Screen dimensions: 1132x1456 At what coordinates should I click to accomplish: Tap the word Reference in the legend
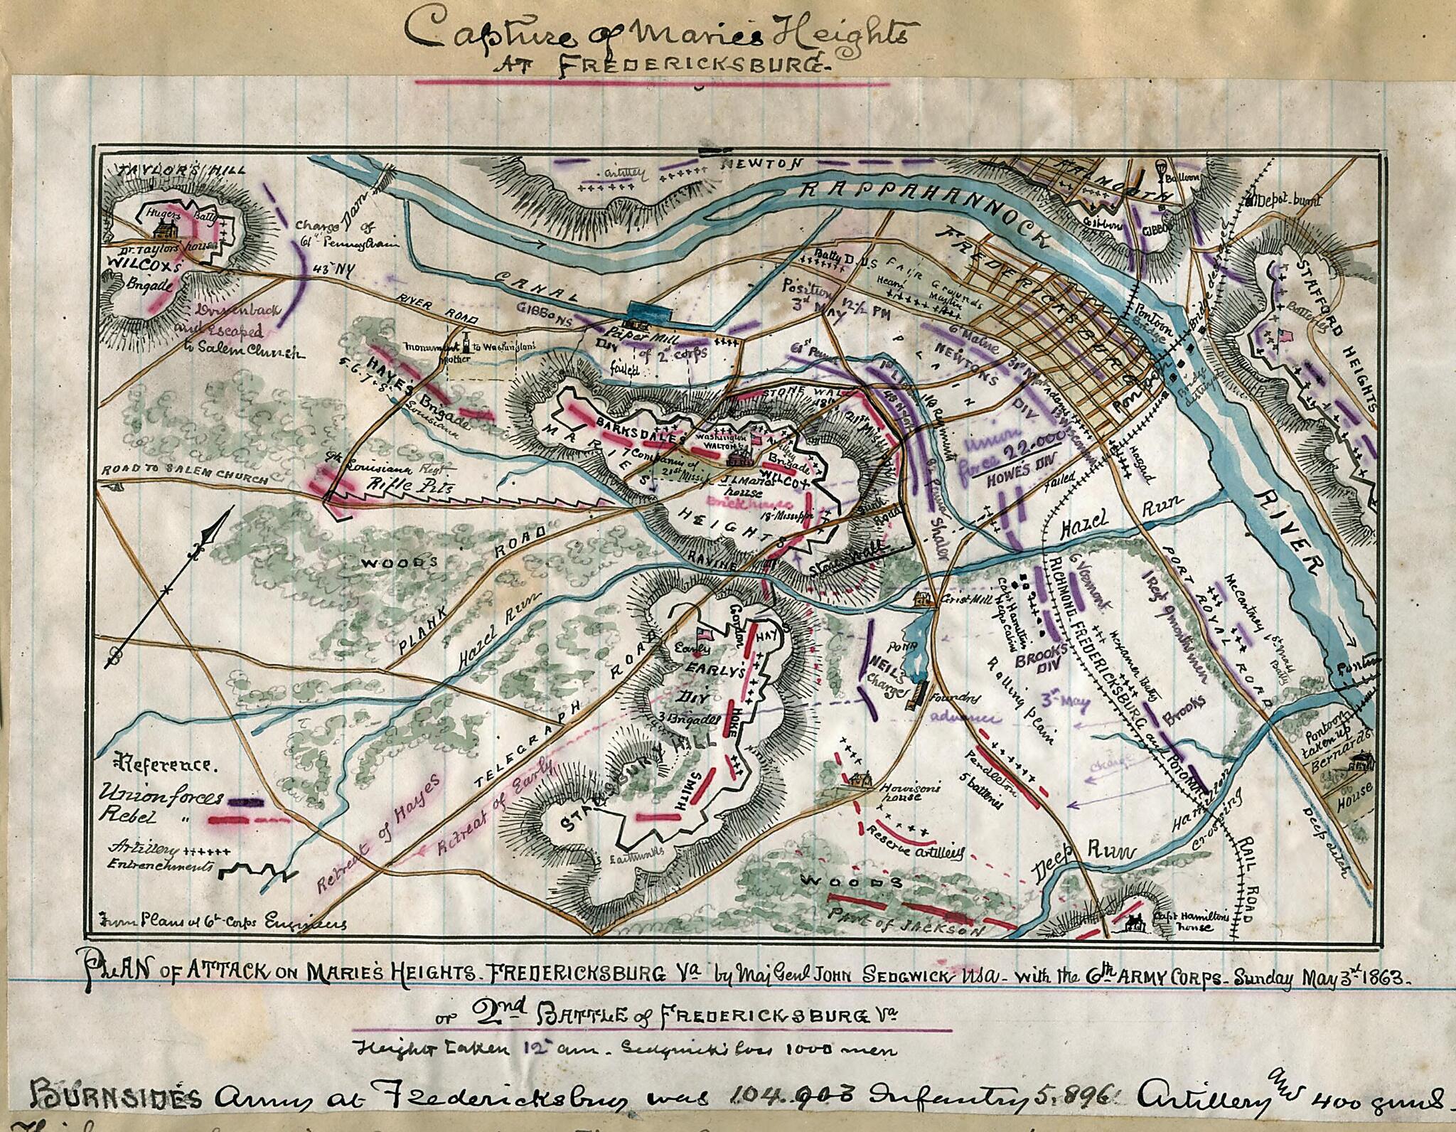point(168,765)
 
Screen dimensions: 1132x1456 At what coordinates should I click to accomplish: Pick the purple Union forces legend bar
point(245,801)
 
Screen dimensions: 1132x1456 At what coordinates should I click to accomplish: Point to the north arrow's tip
point(231,510)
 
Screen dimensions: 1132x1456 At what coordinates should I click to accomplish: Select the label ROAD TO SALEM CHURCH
point(185,475)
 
